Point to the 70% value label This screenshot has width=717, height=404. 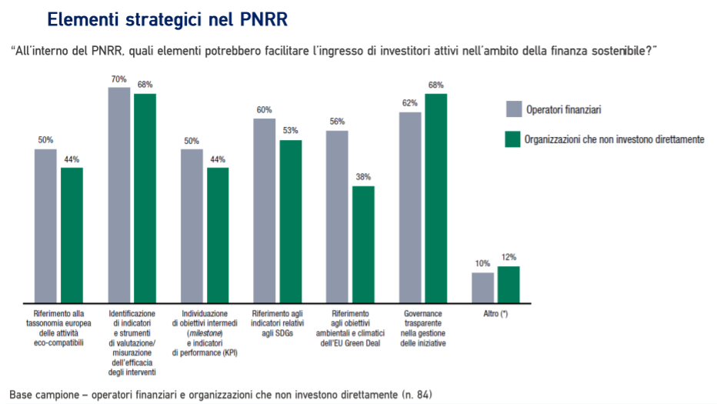118,79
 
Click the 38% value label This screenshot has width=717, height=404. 363,177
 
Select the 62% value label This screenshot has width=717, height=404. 410,103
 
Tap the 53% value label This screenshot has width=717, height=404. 291,131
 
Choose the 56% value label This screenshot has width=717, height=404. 337,122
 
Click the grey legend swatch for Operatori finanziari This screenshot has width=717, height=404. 513,109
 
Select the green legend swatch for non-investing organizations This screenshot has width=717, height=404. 513,139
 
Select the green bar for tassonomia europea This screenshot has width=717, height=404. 72,234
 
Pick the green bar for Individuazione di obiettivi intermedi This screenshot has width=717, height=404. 218,234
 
